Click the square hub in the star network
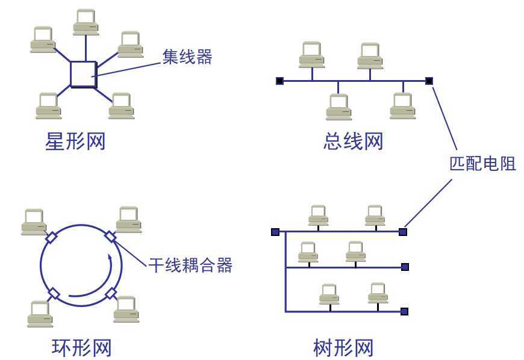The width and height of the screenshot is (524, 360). (83, 74)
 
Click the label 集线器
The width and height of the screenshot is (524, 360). (187, 57)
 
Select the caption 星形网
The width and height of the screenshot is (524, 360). (75, 142)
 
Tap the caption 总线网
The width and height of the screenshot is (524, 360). (353, 142)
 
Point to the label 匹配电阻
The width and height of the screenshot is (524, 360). (482, 163)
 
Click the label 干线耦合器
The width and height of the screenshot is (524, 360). (190, 265)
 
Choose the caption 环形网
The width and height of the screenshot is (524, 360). (81, 348)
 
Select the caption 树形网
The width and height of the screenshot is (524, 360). (344, 348)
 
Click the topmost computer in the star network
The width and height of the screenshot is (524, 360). (86, 22)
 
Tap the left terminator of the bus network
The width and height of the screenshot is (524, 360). (279, 81)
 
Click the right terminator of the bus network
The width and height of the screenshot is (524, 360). (429, 81)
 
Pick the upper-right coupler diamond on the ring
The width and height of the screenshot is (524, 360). (110, 236)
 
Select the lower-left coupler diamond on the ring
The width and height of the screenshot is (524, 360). (54, 294)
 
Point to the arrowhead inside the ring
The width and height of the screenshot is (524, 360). (110, 258)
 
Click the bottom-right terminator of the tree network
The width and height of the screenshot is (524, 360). (404, 311)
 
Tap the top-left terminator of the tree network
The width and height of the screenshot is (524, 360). (275, 231)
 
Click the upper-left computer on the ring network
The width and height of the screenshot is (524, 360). (34, 222)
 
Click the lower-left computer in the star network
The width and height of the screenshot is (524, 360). (48, 105)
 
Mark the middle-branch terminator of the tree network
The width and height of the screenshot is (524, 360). (405, 267)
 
